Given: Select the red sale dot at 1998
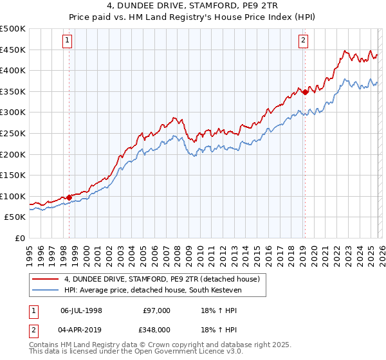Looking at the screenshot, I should tap(69, 197).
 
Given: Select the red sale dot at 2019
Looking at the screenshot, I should tap(304, 92).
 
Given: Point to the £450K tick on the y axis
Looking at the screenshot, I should tap(13, 50).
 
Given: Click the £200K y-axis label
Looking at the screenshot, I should tap(13, 154).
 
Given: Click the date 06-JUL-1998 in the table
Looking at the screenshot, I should tap(81, 310).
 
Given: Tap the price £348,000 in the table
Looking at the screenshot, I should tap(156, 329).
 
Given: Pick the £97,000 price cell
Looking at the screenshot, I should tap(156, 310).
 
